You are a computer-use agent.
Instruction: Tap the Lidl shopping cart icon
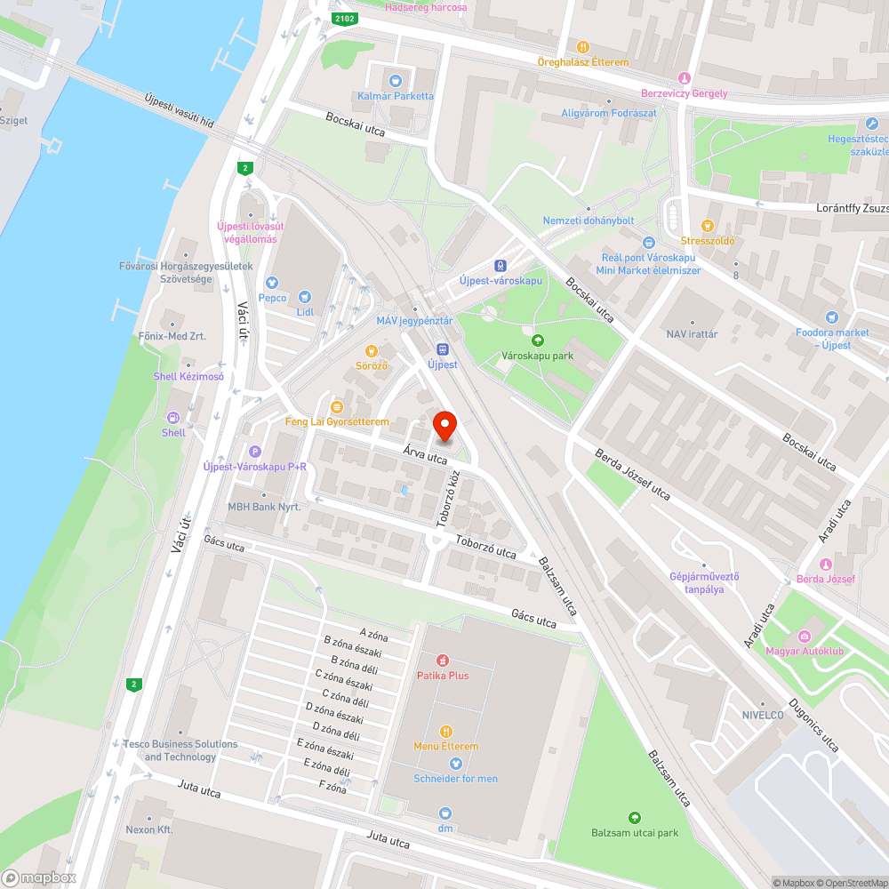click(x=305, y=298)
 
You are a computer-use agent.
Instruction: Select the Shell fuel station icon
click(x=173, y=418)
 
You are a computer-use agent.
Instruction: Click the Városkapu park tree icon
click(x=537, y=340)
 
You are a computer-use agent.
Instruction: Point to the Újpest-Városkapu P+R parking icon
click(x=255, y=452)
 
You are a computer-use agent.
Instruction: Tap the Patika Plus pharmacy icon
click(x=442, y=661)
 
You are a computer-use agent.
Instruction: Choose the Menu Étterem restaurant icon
click(x=445, y=731)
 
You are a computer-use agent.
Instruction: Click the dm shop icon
click(x=445, y=813)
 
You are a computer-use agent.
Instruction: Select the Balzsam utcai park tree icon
click(x=635, y=817)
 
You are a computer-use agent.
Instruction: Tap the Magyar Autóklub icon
click(x=805, y=636)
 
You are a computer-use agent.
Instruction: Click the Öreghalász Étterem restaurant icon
click(x=582, y=47)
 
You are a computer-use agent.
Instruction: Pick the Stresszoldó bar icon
click(x=708, y=226)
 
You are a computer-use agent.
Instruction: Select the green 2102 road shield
click(x=344, y=18)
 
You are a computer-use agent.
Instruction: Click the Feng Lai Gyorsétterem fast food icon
click(x=336, y=406)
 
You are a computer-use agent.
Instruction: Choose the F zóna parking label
click(x=332, y=787)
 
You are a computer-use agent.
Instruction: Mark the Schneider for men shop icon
click(x=455, y=764)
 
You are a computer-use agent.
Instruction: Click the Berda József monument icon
click(x=825, y=565)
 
